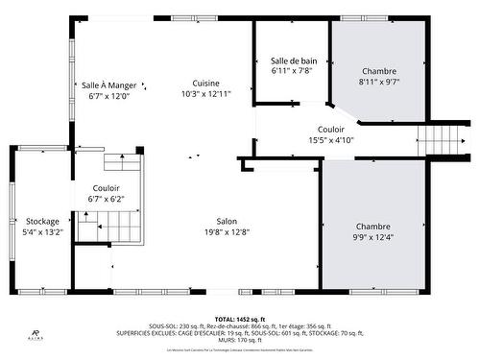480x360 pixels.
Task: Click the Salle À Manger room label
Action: pos(108,84)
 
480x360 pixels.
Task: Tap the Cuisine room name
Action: pos(205,83)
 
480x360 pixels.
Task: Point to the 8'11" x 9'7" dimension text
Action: pos(378,83)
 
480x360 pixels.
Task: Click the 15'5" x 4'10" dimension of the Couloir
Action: pos(330,140)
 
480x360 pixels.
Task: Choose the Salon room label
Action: pos(226,220)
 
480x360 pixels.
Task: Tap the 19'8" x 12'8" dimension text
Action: pos(226,231)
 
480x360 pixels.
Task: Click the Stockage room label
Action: pos(43,221)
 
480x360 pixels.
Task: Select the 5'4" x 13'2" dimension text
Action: pos(43,232)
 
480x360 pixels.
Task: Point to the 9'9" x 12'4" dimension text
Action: pos(374,237)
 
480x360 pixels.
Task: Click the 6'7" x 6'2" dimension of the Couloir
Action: pos(106,199)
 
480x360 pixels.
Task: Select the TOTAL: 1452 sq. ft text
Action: pos(239,318)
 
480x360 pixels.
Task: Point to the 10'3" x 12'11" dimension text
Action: pos(205,94)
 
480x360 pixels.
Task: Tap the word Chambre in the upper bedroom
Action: pos(378,71)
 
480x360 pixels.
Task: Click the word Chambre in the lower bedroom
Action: pos(374,226)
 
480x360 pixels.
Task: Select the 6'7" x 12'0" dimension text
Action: pos(108,96)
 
